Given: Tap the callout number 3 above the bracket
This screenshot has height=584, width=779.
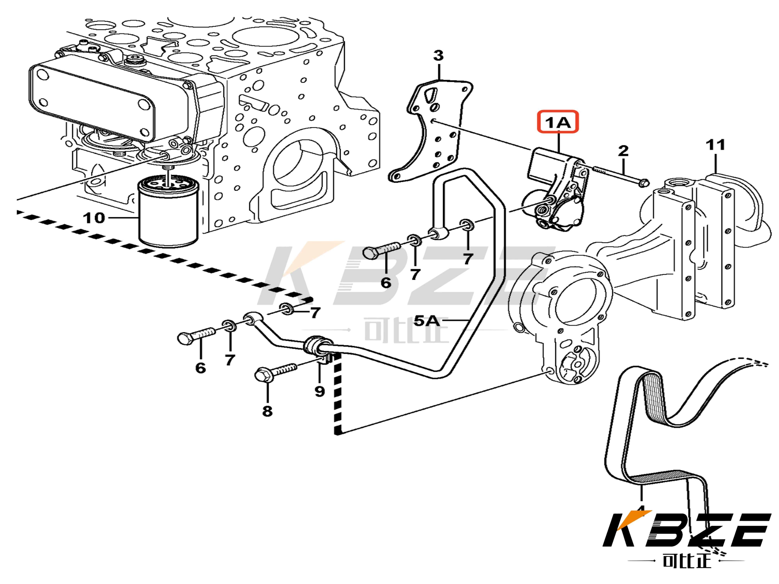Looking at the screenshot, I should [438, 56].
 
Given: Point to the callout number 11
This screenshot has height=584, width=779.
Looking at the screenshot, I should [715, 145].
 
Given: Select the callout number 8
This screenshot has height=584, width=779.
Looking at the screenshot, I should [267, 411].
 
